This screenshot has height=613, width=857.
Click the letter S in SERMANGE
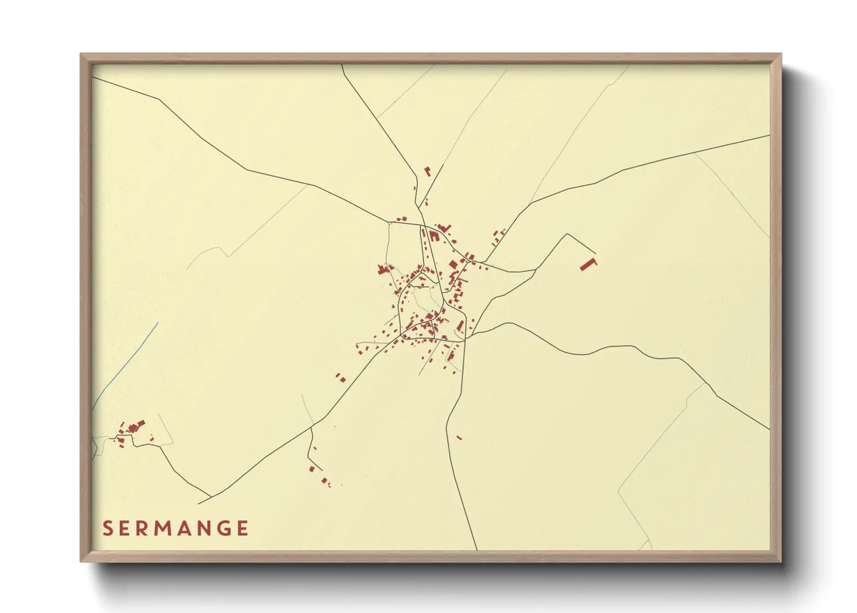coord(108,528)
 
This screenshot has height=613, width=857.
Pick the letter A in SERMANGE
coord(177,528)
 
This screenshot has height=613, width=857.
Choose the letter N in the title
coord(199,528)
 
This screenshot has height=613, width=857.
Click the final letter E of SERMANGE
coord(243,528)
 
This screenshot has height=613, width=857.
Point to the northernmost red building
coord(427,171)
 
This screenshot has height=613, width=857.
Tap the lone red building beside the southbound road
coord(459,437)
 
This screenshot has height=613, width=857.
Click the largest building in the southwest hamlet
coord(133,428)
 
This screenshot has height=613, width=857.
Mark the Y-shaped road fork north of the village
coord(419,206)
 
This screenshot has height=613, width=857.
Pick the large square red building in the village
coord(453,265)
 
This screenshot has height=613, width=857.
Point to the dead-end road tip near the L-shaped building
coord(596,253)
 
